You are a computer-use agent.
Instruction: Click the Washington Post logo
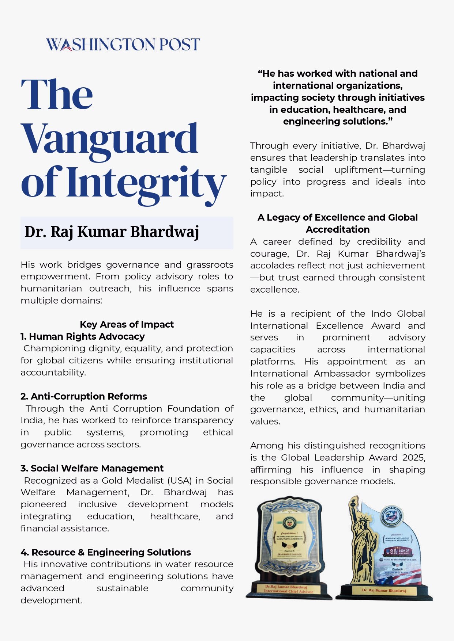[x=123, y=45]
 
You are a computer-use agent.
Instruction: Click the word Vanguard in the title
[x=109, y=139]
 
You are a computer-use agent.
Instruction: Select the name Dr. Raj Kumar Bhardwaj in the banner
[x=112, y=232]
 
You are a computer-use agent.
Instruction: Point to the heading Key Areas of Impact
[x=127, y=324]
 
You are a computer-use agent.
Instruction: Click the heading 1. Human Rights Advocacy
[x=83, y=336]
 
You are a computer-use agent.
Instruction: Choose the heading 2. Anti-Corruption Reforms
[x=84, y=396]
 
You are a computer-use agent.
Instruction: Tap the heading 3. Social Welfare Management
[x=92, y=468]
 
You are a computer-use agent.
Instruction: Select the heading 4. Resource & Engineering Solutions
[x=106, y=552]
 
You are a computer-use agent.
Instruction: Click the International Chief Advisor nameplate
[x=289, y=589]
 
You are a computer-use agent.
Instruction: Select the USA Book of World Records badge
[x=398, y=551]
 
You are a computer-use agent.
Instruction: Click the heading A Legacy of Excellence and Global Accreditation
[x=337, y=223]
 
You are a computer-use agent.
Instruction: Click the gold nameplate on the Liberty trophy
[x=384, y=590]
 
